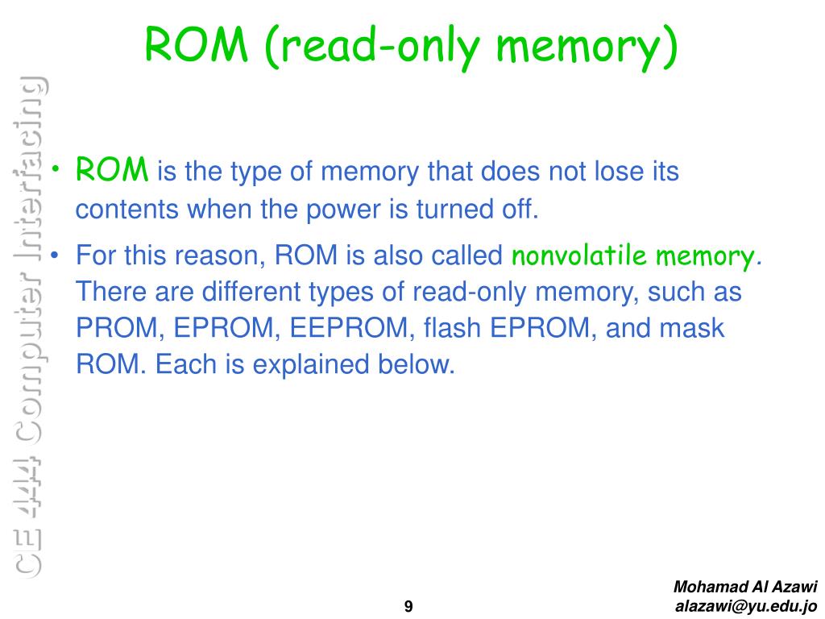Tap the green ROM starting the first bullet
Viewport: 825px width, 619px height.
tap(112, 170)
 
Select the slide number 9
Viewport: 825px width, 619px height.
tap(408, 607)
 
